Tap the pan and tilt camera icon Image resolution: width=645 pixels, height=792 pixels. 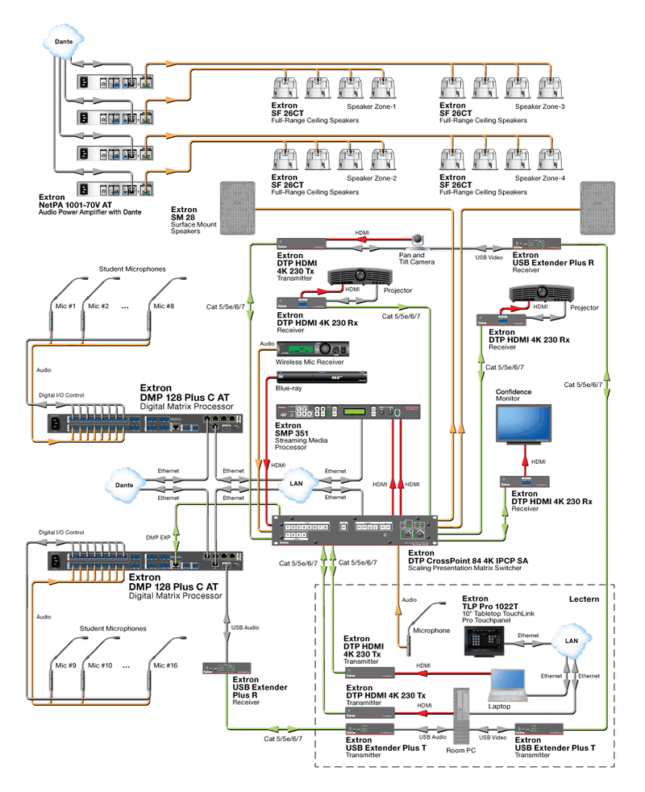pos(418,240)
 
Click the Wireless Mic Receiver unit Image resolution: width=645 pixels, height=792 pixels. pos(314,349)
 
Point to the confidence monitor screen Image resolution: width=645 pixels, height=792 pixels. pos(524,426)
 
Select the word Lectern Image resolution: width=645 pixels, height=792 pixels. pos(585,599)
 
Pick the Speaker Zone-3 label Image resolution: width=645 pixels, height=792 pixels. pos(540,106)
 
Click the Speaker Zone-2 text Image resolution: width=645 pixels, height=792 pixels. pos(372,177)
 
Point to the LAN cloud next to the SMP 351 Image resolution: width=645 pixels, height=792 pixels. pos(295,484)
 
